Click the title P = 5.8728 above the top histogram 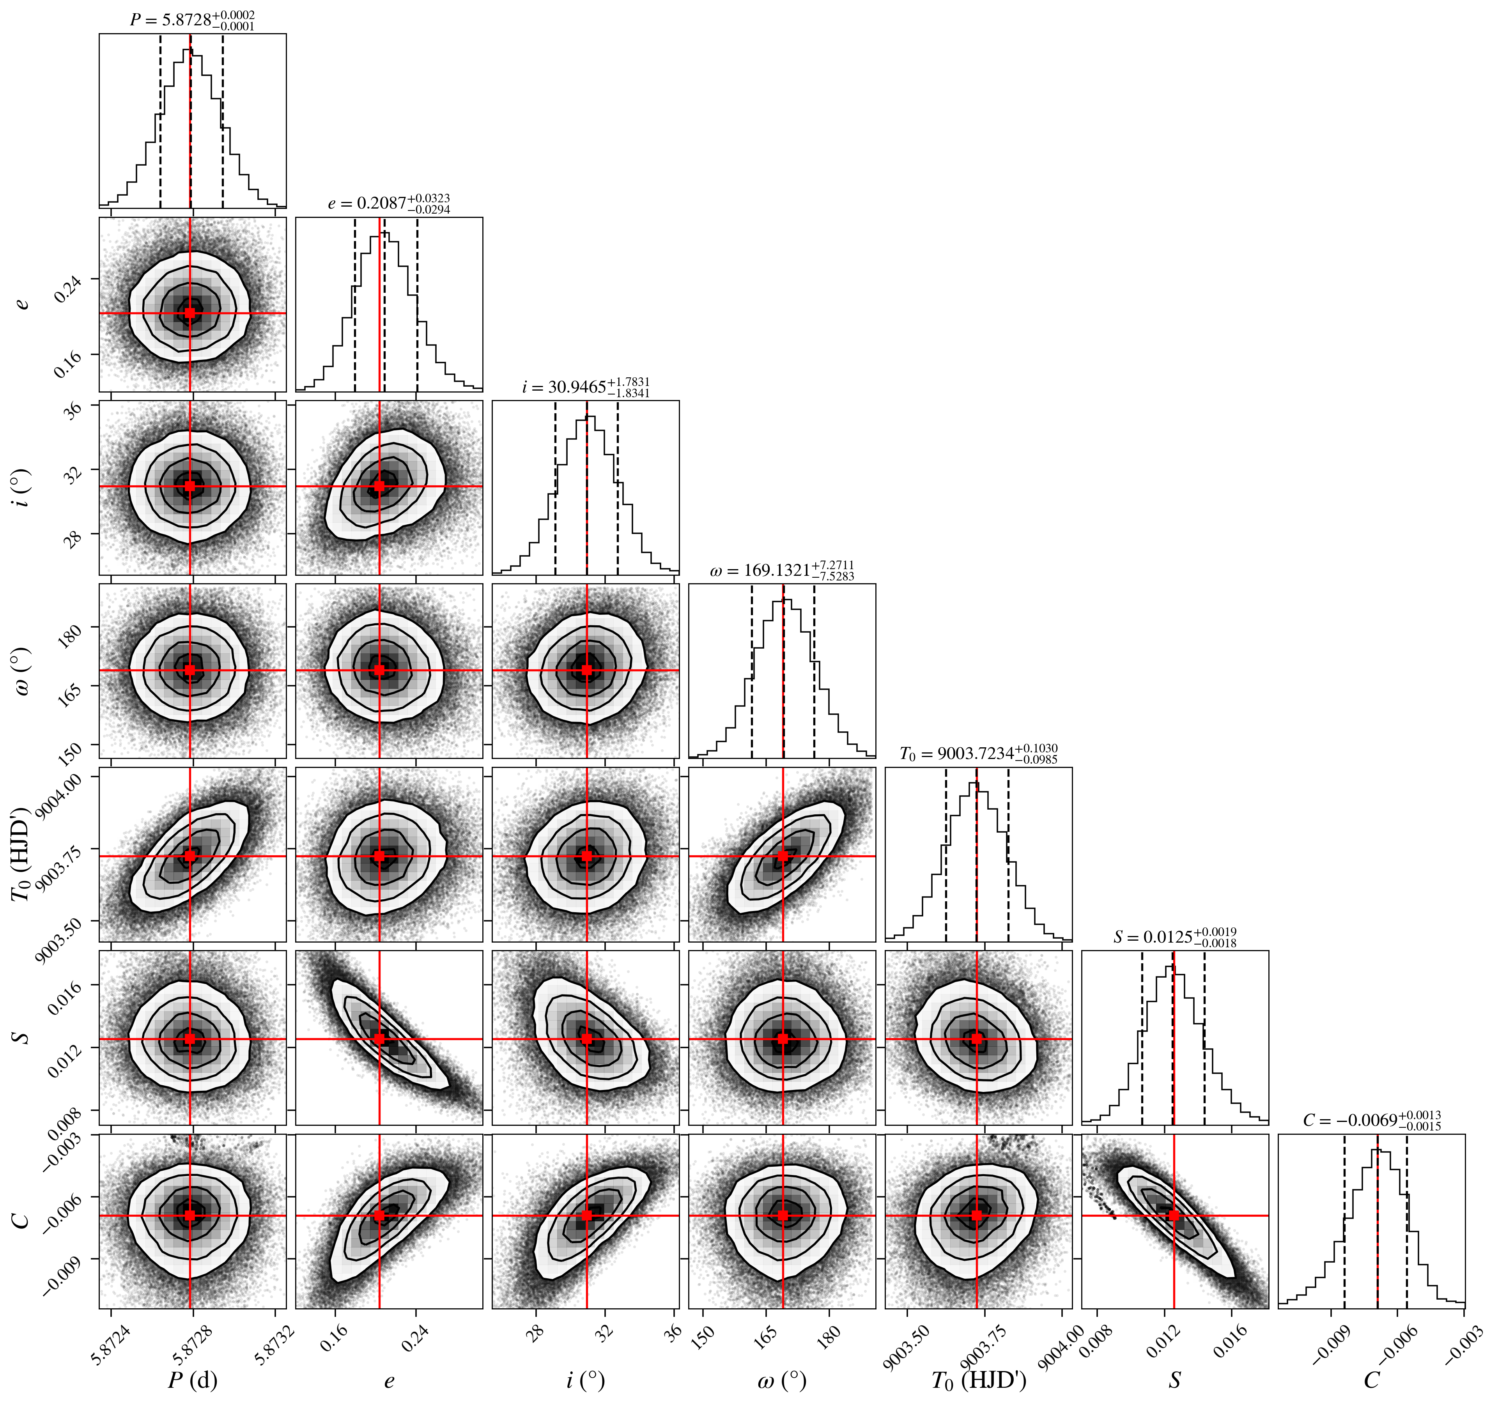coord(192,20)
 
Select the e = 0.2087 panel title coord(389,203)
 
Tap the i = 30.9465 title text coord(586,387)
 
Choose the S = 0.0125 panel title coord(1175,937)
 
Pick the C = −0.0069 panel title coord(1371,1120)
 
